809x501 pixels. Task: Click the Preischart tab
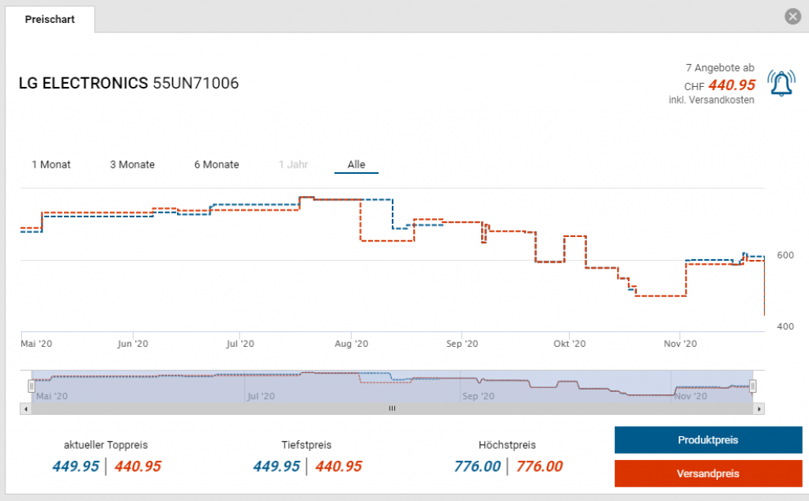coord(50,19)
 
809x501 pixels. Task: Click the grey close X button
coord(792,17)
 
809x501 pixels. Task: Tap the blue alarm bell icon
coord(782,84)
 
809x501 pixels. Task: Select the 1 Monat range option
coord(51,164)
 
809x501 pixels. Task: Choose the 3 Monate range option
coord(132,164)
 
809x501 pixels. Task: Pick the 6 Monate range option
coord(216,164)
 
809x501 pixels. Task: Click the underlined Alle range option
coord(356,164)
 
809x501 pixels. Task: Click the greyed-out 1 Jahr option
coord(293,164)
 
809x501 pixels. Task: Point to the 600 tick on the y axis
coord(785,255)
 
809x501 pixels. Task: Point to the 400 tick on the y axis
coord(785,326)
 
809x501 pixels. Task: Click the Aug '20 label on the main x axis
coord(352,344)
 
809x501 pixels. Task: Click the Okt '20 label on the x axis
coord(569,344)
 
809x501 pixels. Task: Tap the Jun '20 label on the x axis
coord(133,344)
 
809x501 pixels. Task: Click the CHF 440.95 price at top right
coord(731,85)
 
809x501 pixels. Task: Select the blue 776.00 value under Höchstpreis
coord(478,466)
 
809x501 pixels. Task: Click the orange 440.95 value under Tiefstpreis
coord(338,466)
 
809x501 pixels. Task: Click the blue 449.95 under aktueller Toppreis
coord(76,466)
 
